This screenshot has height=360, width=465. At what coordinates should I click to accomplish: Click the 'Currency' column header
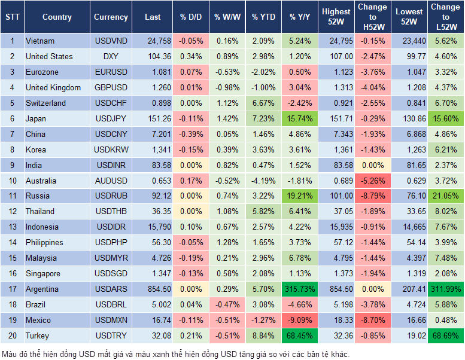point(111,17)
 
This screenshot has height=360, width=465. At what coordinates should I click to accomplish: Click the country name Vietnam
point(40,41)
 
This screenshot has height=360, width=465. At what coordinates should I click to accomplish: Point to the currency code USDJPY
point(111,118)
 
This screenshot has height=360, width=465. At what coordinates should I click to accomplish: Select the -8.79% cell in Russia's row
point(372,196)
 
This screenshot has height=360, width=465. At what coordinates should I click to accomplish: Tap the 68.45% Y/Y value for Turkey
point(299,335)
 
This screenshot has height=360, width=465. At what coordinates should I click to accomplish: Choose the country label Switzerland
point(45,103)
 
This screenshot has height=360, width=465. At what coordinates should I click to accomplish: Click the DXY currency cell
point(111,56)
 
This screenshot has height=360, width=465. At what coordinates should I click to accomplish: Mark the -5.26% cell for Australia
point(372,180)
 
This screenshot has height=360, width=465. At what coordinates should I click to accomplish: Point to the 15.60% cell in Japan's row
point(445,118)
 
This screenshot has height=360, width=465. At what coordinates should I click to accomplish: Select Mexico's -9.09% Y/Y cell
point(299,320)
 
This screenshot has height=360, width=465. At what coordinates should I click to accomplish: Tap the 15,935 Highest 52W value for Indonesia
point(336,227)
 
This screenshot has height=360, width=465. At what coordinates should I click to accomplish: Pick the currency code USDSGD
point(111,273)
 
